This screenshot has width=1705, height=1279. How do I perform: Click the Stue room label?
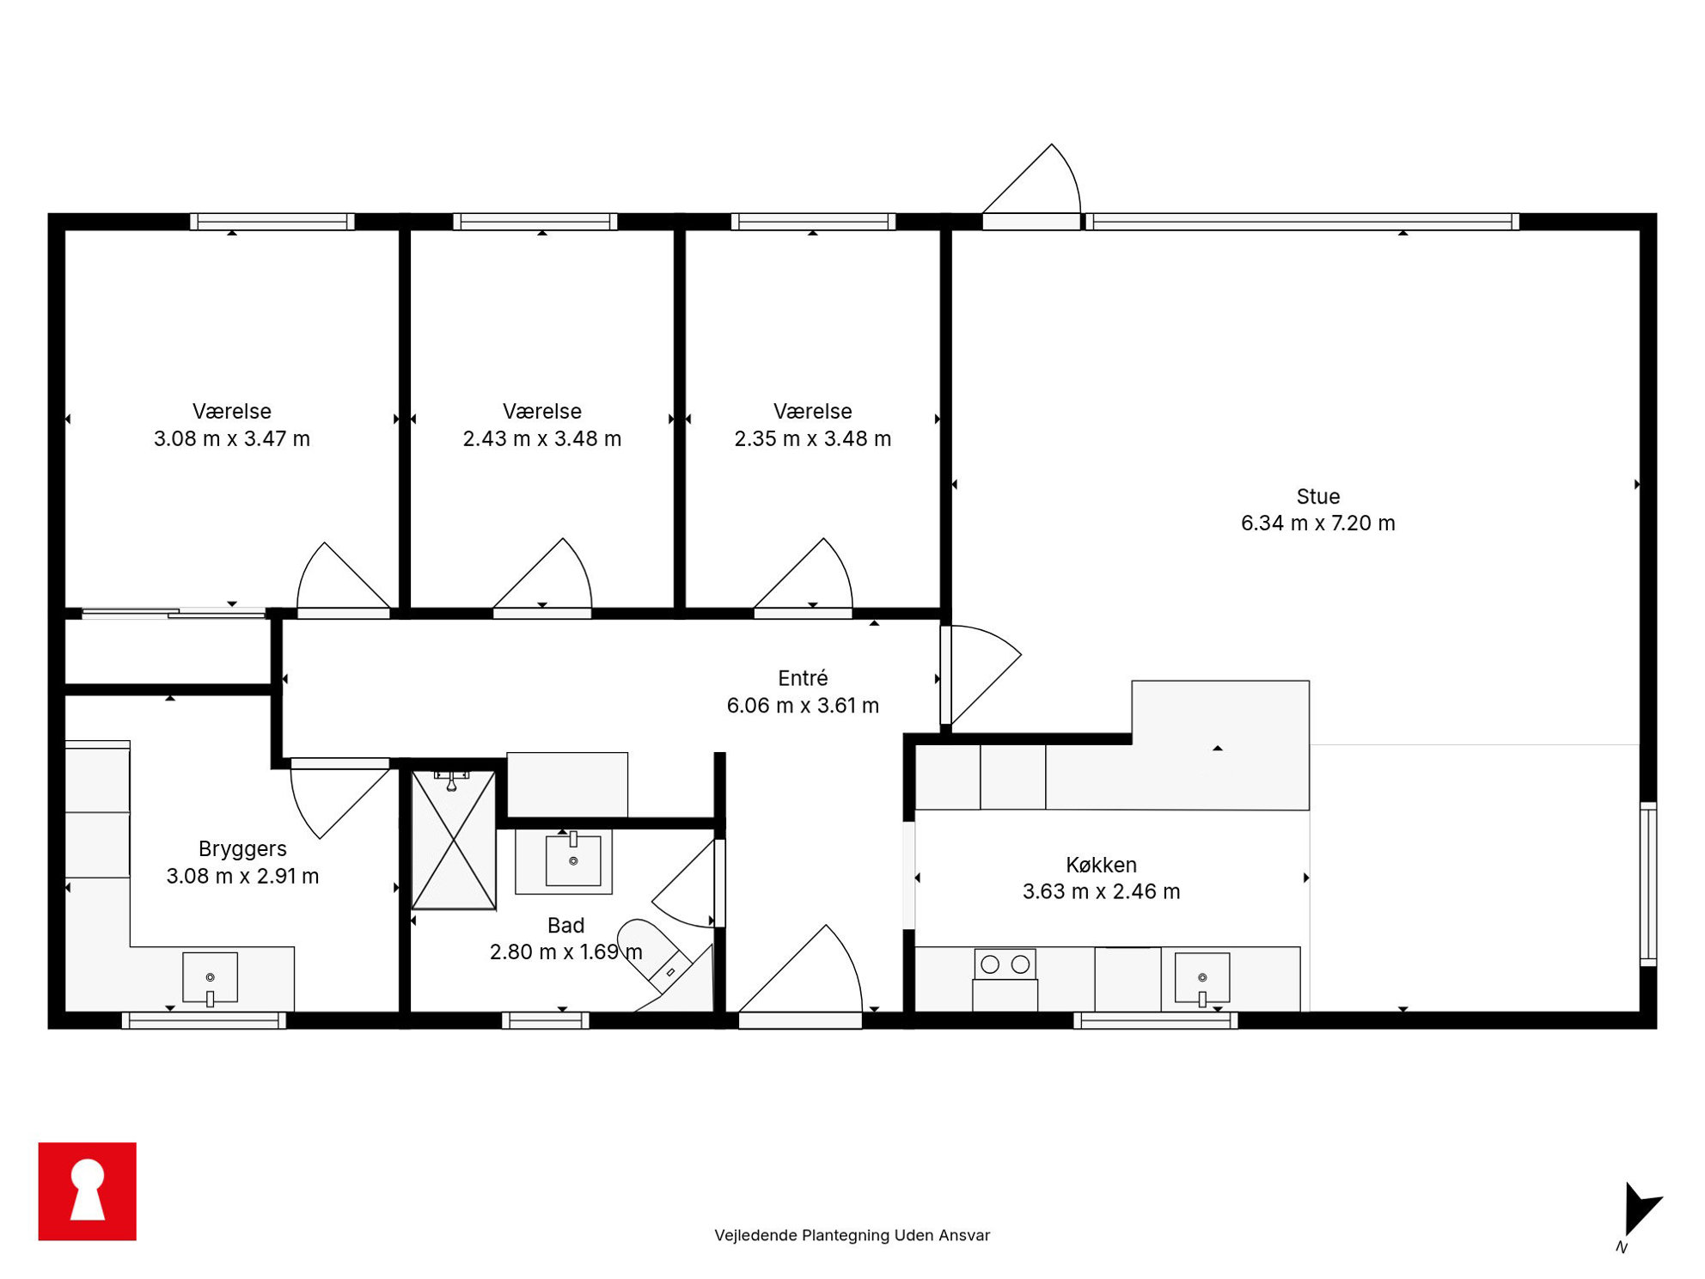coord(1317,496)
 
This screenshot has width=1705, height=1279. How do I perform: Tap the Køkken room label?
coord(1101,865)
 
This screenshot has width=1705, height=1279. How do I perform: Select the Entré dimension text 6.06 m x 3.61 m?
coord(803,706)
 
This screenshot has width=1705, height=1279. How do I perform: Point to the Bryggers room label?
coord(242,849)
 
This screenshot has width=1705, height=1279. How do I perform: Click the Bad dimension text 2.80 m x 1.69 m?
coord(565,952)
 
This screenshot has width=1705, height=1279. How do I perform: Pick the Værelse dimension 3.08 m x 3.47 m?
coord(232,439)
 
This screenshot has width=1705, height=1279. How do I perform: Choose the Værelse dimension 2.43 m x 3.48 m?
coord(541,439)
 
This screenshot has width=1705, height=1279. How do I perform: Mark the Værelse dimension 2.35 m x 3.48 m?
coord(812,439)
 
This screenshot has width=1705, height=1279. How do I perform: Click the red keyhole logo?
coord(88,1191)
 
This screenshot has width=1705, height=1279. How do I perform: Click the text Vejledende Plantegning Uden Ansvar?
coord(852,1235)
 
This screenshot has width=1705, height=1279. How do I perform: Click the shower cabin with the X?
coord(454,840)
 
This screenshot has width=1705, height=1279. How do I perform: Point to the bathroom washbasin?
coord(573,860)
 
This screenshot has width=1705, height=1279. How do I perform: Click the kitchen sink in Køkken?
coord(1202,978)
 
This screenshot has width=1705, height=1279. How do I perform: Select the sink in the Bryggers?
coord(210,978)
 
